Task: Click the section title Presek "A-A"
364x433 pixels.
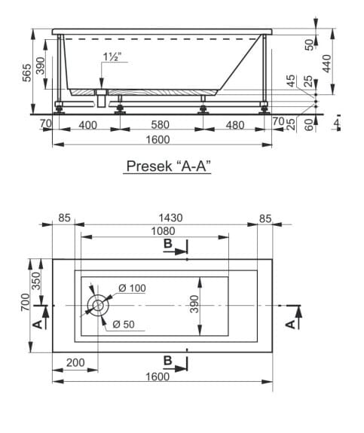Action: pos(168,166)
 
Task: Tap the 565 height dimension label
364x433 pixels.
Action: pos(27,72)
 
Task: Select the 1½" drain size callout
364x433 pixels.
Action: pos(112,56)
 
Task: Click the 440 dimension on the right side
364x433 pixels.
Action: pos(326,63)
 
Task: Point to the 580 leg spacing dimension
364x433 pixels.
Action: pos(160,125)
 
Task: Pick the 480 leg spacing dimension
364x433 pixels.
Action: pos(235,125)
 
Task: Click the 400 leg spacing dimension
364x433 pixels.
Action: pos(87,125)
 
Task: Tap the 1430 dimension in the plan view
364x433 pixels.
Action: pos(170,218)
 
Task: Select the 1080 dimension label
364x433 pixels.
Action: pos(163,231)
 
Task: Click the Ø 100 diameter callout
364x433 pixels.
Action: pos(132,288)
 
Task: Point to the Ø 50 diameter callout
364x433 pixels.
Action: pos(124,324)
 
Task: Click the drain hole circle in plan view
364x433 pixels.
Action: pos(98,306)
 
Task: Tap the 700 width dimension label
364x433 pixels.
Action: pos(25,302)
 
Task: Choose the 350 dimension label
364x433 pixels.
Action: pos(36,281)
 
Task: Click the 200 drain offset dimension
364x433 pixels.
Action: pos(75,362)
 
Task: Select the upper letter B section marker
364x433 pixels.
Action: pos(168,243)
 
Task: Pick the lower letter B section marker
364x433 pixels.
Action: pos(168,360)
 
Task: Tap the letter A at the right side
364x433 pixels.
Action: pos(290,325)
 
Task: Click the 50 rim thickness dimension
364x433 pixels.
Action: pos(309,44)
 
